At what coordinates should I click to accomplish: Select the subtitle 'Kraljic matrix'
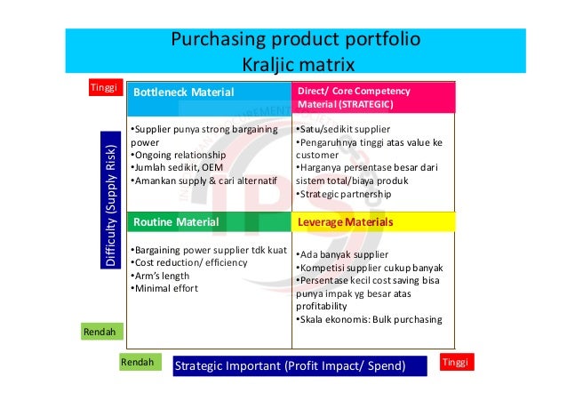(x=298, y=65)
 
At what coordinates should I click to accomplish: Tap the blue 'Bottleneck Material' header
(x=210, y=92)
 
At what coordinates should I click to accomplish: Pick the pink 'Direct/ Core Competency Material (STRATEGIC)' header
(x=373, y=97)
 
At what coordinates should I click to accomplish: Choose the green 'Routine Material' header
(x=210, y=221)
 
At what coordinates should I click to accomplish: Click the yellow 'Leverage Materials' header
(x=373, y=221)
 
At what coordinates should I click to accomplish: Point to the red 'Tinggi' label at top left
(x=104, y=88)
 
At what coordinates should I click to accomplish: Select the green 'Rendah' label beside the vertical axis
(x=100, y=332)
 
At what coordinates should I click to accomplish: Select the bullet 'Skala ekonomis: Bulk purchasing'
(x=368, y=320)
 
